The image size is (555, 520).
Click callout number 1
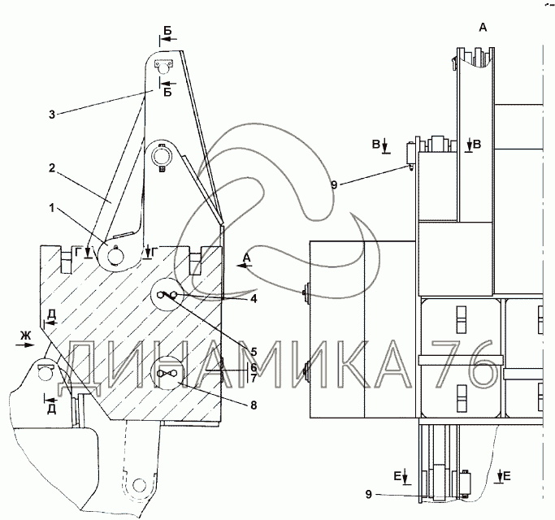coord(52,208)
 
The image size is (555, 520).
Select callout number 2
coord(52,168)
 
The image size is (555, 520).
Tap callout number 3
coord(52,115)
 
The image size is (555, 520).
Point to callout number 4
coord(254,299)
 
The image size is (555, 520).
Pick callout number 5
coord(254,352)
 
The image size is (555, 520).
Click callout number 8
coord(254,405)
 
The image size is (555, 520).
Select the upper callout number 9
coord(335,184)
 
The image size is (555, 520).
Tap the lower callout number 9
coord(368,495)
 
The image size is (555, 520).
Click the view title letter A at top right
coord(483,27)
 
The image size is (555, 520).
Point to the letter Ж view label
coord(25,336)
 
